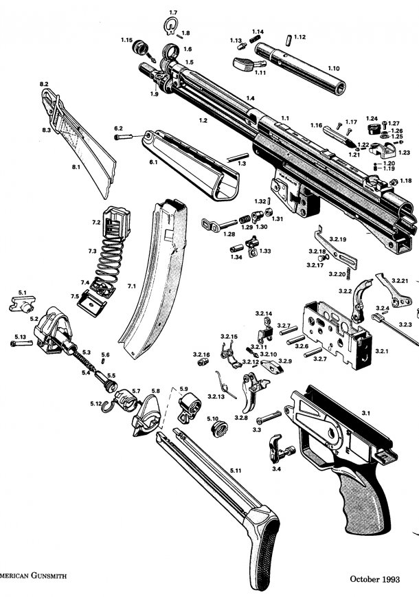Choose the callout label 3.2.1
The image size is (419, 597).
click(381, 350)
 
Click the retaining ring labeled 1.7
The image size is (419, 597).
click(171, 26)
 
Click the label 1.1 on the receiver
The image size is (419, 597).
click(285, 119)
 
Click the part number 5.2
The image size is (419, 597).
click(34, 319)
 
